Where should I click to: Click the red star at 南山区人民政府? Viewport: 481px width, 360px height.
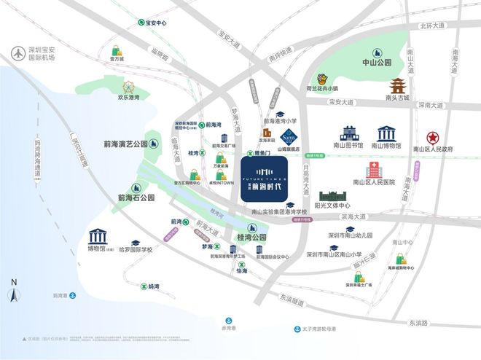click(433, 136)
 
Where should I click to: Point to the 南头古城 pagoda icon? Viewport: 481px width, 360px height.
click(398, 85)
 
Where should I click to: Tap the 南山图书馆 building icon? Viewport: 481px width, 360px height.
click(348, 133)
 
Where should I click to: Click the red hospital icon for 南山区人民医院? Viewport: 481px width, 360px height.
click(373, 168)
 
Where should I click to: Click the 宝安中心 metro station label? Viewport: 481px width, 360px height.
click(156, 22)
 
